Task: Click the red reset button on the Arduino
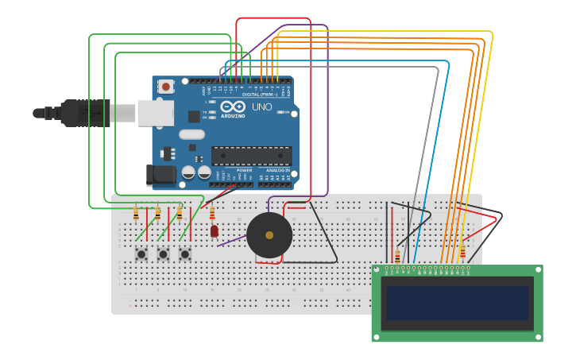(x=166, y=86)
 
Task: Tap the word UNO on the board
(x=262, y=106)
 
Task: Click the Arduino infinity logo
(x=234, y=106)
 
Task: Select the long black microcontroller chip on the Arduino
(x=251, y=156)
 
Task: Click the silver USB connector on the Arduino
(x=155, y=113)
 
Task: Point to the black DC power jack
(x=160, y=176)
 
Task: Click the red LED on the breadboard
(x=215, y=231)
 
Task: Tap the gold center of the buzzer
(x=269, y=235)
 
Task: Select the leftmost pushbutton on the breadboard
(x=141, y=254)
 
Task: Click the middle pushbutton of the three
(x=163, y=254)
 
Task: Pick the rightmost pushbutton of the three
(x=184, y=254)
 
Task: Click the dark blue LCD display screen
(x=456, y=303)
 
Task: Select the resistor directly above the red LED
(x=212, y=212)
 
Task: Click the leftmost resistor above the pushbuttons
(x=136, y=213)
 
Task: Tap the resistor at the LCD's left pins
(x=397, y=256)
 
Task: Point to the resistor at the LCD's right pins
(x=462, y=252)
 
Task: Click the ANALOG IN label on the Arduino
(x=277, y=170)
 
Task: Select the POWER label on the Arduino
(x=245, y=170)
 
